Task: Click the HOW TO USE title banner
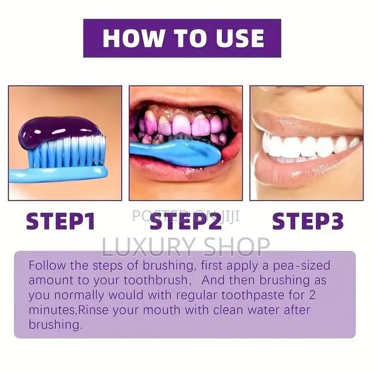tap(182, 39)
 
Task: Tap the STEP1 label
tap(61, 221)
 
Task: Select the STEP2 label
tap(186, 221)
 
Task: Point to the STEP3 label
tap(308, 221)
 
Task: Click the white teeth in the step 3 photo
tap(304, 146)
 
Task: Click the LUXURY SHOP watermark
tap(186, 247)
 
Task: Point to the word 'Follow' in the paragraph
tap(45, 265)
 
